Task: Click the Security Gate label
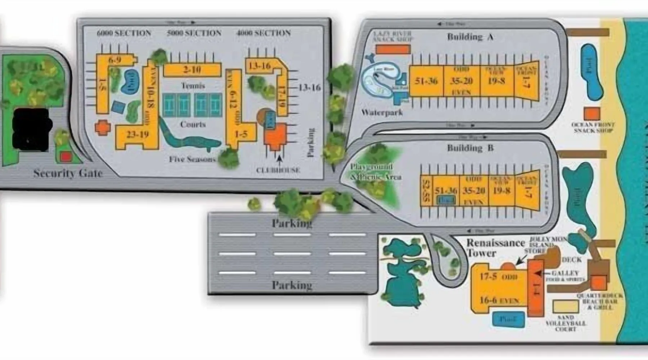(x=68, y=173)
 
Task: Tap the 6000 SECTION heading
(x=124, y=33)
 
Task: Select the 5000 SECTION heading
(x=194, y=33)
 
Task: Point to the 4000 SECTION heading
(x=264, y=33)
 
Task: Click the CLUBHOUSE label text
(x=278, y=170)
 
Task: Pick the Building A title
(x=470, y=37)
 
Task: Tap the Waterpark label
(x=382, y=112)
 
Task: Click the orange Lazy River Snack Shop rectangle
(x=393, y=49)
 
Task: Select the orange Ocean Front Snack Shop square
(x=592, y=114)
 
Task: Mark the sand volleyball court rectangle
(x=566, y=306)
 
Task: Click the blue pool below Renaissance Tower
(x=508, y=319)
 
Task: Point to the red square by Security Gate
(x=65, y=157)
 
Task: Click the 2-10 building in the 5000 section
(x=192, y=69)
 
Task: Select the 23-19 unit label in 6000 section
(x=138, y=135)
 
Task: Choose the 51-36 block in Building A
(x=426, y=81)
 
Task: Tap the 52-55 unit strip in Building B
(x=426, y=192)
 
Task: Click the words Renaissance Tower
(x=495, y=248)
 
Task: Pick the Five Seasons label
(x=192, y=159)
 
